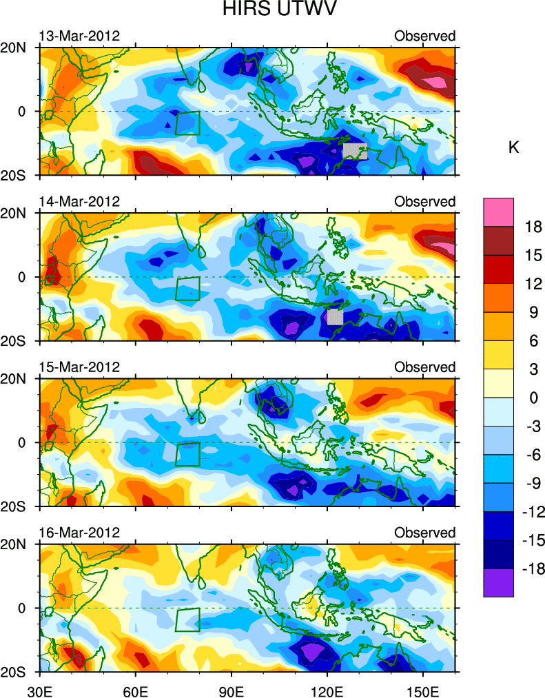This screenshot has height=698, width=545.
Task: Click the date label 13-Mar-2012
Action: coord(79,36)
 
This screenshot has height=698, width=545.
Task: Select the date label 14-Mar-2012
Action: coord(79,201)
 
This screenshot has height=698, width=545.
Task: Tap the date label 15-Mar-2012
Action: coord(79,367)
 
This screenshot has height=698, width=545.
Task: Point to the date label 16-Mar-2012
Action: coord(79,533)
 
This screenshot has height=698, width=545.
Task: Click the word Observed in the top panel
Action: coord(424,36)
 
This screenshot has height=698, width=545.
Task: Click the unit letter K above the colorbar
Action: coord(513,147)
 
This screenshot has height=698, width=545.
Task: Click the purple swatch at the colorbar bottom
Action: coord(498,582)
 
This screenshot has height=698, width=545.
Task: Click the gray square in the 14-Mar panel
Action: coord(335,316)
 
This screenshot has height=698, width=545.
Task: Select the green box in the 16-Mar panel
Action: coord(187,619)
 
